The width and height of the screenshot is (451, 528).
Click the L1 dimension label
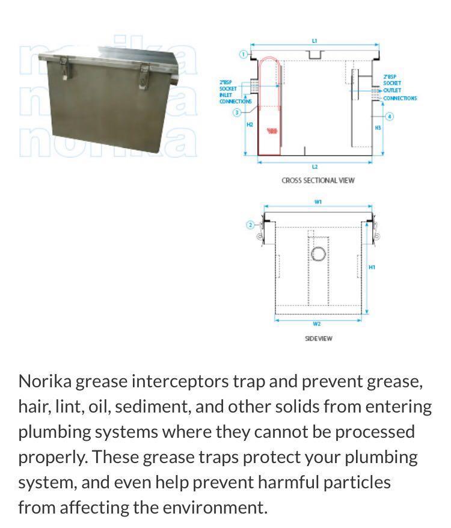[x=314, y=41]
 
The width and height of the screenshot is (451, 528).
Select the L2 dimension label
[x=314, y=167]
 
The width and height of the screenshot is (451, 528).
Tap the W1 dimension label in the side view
[x=318, y=202]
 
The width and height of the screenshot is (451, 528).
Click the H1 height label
[x=372, y=267]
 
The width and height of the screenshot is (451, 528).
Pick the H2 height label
[x=250, y=124]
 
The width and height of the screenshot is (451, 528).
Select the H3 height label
[x=378, y=128]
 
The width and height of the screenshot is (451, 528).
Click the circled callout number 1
[x=244, y=54]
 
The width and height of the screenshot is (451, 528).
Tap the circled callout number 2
[x=251, y=225]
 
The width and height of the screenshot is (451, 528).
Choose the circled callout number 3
[x=237, y=112]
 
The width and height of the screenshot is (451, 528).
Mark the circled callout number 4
[x=390, y=116]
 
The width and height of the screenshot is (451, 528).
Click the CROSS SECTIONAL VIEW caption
[x=318, y=180]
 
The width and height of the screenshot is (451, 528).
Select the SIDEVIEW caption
[x=318, y=339]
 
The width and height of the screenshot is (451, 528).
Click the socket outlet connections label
[x=399, y=88]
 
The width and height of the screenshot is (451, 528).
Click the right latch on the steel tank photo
[x=144, y=74]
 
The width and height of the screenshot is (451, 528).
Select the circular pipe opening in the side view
[x=318, y=253]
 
